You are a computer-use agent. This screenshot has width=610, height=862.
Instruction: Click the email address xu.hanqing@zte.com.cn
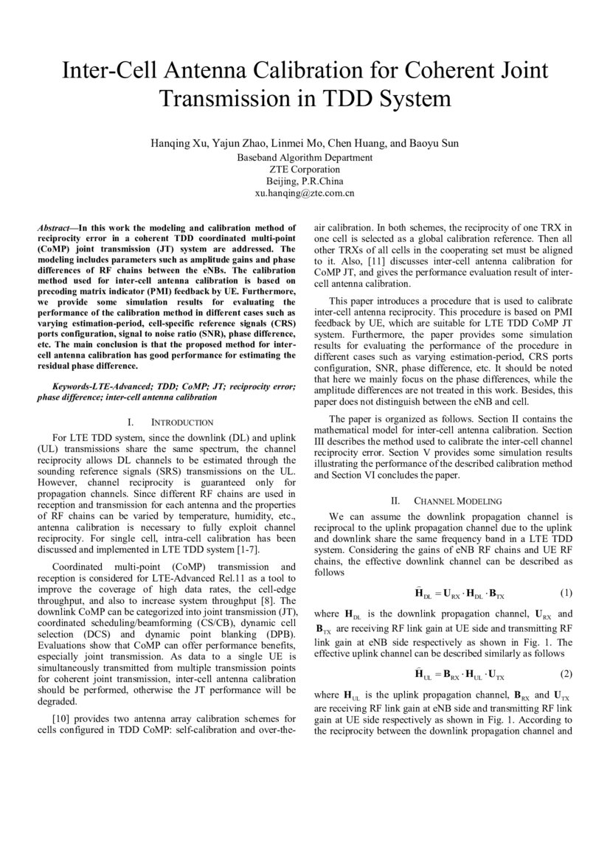(x=305, y=193)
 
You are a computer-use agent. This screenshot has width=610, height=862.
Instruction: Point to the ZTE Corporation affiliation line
(x=305, y=170)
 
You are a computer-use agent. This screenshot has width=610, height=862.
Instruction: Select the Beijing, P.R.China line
(x=305, y=181)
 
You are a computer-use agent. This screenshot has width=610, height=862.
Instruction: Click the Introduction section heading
(x=172, y=423)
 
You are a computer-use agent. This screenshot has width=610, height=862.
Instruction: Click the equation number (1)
(x=566, y=592)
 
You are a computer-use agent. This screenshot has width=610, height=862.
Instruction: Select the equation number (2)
(x=566, y=674)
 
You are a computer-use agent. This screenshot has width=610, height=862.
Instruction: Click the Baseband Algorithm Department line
(x=305, y=158)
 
